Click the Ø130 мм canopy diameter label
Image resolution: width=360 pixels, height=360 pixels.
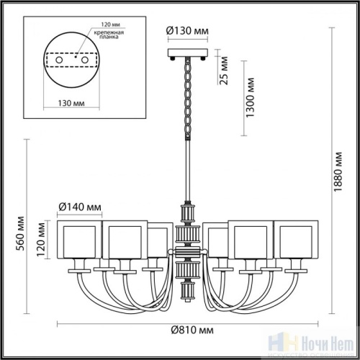[x=188, y=31]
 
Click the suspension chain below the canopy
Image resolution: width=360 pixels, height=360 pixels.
[x=188, y=97]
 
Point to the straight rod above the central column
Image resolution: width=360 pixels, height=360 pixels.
[x=188, y=169]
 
